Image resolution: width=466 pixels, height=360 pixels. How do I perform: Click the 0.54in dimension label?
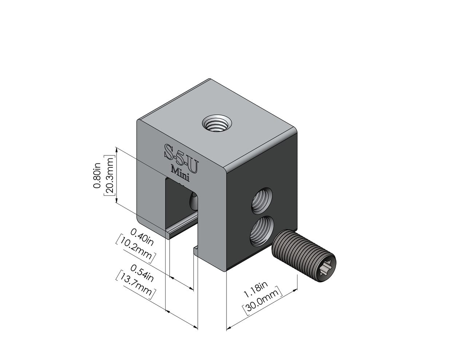point(142,273)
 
